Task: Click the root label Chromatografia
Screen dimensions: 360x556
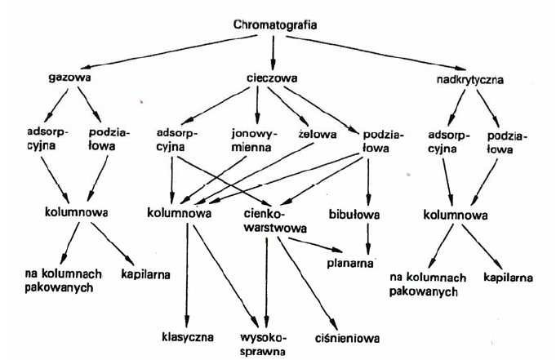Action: point(274,25)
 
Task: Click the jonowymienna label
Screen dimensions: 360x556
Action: point(256,140)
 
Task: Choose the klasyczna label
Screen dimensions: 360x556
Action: point(187,336)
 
